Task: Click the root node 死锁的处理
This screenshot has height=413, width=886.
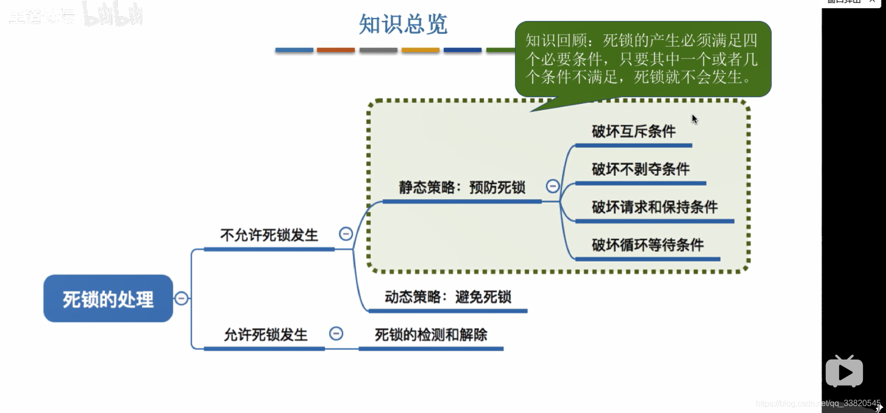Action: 108,298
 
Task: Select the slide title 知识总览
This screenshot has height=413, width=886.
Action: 403,24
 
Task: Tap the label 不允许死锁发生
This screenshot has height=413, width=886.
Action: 269,235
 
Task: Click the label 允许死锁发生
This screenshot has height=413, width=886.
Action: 265,335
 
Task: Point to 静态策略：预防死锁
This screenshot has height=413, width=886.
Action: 462,187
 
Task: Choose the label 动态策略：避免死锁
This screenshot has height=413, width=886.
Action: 447,297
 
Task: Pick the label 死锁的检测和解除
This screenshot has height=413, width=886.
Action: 430,335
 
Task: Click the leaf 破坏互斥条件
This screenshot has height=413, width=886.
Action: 634,132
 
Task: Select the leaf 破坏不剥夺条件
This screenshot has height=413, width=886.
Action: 640,169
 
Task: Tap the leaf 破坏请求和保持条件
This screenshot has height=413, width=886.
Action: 654,207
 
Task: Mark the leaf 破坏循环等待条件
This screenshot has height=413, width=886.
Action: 647,245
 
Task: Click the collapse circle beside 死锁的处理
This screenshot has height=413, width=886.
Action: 182,298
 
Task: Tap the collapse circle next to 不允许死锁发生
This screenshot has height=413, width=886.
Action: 346,234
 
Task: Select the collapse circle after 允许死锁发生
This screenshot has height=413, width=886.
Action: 336,334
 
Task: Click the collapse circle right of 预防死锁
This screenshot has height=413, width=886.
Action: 553,186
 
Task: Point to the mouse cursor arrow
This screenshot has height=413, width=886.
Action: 694,119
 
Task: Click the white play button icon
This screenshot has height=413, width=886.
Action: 844,372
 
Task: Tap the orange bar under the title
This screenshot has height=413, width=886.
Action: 336,50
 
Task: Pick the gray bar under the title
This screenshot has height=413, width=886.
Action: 378,50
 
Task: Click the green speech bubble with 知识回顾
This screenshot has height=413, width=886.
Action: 643,59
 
